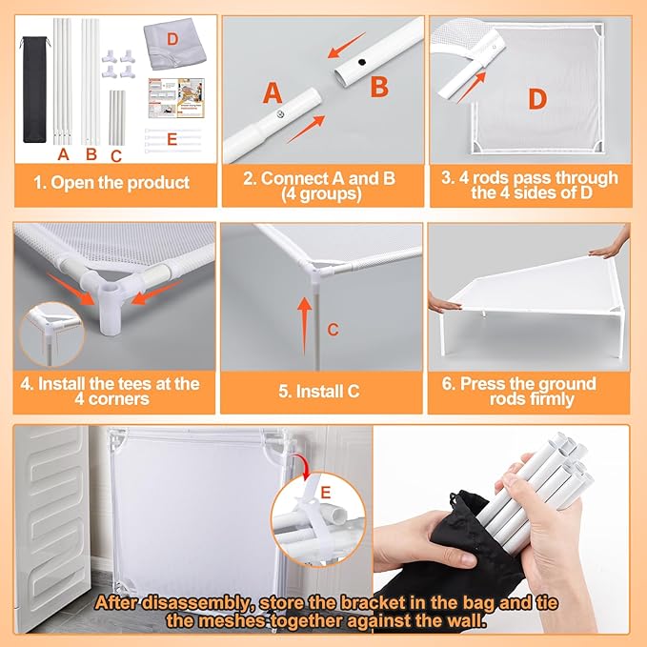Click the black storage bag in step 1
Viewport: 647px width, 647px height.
[x=34, y=90]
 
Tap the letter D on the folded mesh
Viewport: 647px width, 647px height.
[x=172, y=39]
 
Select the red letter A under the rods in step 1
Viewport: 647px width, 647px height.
[x=63, y=154]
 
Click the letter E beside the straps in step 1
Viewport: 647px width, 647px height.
[x=172, y=139]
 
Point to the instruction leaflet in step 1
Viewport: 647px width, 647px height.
[x=176, y=98]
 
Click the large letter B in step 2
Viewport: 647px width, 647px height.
[x=379, y=87]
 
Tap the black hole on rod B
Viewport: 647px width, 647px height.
[x=362, y=62]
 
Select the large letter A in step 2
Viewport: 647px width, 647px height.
[x=273, y=92]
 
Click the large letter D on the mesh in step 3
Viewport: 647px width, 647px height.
[x=537, y=99]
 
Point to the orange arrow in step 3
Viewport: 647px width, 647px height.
[x=472, y=88]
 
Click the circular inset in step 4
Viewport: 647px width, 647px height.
[x=52, y=334]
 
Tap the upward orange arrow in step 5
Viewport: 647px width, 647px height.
[x=305, y=326]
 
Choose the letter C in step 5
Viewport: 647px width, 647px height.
[x=333, y=330]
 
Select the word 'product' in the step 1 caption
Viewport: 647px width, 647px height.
[x=158, y=183]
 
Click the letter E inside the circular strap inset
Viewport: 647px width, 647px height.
[x=326, y=493]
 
